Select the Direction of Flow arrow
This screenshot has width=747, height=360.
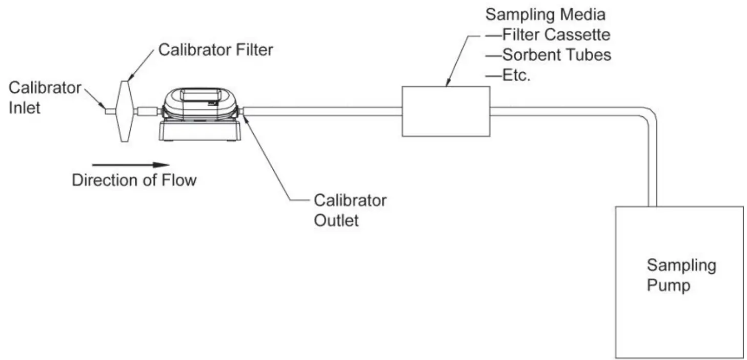tap(131, 165)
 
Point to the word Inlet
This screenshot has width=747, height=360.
tap(24, 108)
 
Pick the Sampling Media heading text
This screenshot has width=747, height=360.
tap(544, 14)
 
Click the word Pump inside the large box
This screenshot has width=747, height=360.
tap(668, 285)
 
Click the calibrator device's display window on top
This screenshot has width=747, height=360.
tap(200, 96)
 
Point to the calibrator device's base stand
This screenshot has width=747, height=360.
tap(200, 132)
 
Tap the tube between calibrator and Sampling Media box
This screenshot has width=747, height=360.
tap(323, 111)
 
